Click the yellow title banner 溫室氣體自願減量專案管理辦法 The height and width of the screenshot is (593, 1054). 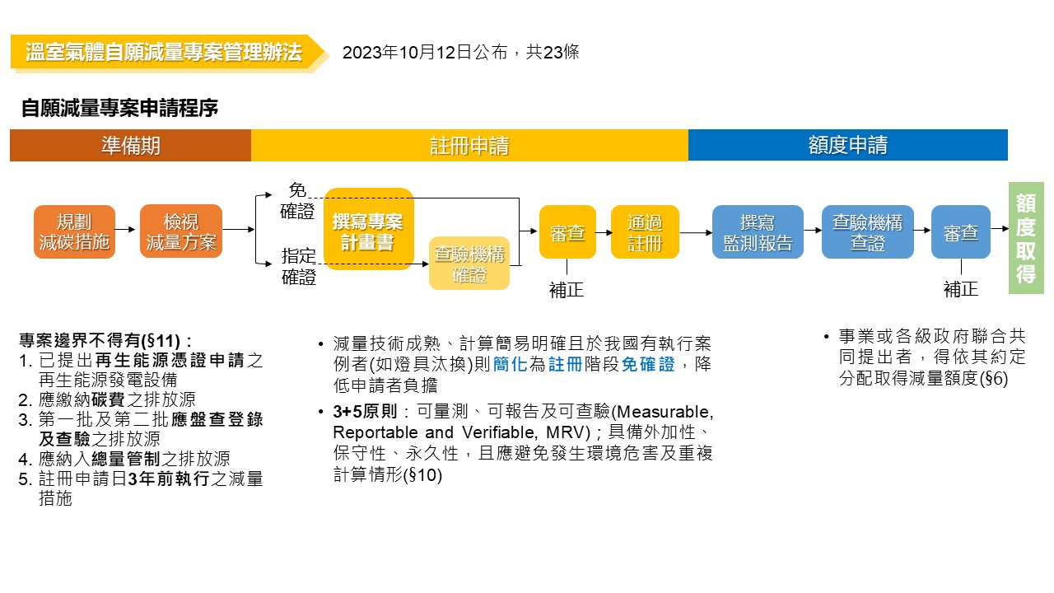point(164,53)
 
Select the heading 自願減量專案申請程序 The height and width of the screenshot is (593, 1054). point(119,108)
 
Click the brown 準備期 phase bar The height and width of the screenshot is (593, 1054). point(130,146)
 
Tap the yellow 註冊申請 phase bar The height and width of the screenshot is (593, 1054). point(469,146)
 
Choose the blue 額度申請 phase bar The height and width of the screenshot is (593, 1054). point(847,146)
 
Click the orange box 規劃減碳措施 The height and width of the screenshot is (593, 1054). point(74,231)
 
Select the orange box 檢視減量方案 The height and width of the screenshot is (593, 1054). point(181,231)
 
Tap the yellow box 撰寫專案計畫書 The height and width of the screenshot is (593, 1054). point(368,229)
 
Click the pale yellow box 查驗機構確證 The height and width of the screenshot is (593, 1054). point(469,264)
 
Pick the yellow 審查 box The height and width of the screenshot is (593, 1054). point(567,232)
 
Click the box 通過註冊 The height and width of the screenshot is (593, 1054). point(645,232)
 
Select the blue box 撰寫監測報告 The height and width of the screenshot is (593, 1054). point(758,232)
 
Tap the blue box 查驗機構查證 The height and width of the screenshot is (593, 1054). point(867,232)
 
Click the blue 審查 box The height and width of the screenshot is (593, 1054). point(960,232)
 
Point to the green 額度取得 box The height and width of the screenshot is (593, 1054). point(1026,238)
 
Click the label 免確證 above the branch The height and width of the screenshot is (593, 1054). point(297,200)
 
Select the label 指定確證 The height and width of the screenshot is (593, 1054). point(298,266)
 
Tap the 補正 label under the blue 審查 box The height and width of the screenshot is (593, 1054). point(960,289)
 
